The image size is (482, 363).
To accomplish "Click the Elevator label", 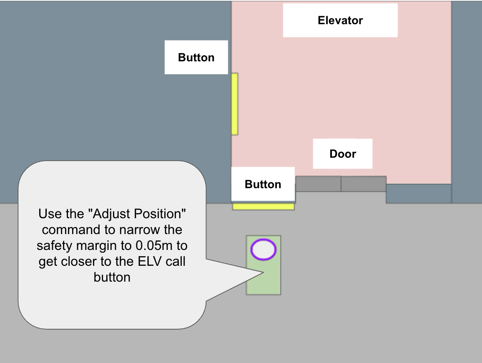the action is coord(340,20).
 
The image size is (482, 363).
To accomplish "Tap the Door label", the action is coord(343,154).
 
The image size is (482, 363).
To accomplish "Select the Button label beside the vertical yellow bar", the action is coord(196,58).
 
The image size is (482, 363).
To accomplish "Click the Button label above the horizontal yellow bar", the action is coord(263,184).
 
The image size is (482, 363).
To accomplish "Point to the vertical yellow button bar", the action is coord(235,104).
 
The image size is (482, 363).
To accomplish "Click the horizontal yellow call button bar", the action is coord(264,207).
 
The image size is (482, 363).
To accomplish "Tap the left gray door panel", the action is coord(318,184).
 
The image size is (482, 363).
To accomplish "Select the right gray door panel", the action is coord(364,184).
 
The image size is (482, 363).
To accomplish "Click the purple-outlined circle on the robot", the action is coord(264,250).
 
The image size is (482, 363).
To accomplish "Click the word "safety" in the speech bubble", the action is coord(54,246).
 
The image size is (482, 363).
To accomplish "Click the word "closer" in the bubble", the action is coord(78,262).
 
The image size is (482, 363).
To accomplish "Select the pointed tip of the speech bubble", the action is coord(264,272).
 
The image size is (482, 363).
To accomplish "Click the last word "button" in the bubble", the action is coord(112,277).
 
